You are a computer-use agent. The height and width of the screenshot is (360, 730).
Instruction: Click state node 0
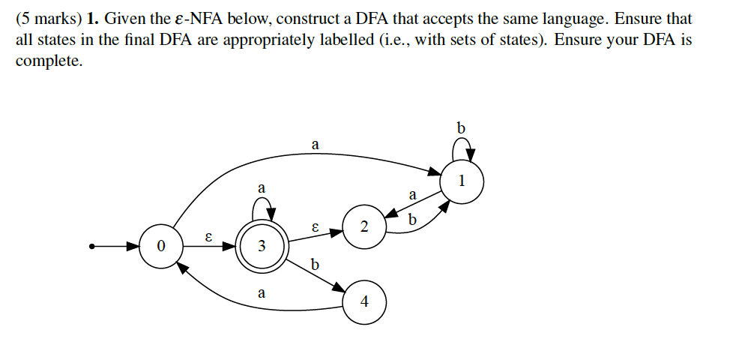[x=159, y=246]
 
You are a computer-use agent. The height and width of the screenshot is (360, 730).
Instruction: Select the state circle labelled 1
[x=462, y=181]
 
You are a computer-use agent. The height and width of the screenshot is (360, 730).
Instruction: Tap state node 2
[x=364, y=226]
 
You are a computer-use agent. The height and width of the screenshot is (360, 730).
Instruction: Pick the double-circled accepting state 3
[x=261, y=246]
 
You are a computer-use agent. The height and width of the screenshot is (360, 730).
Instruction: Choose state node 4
[x=364, y=301]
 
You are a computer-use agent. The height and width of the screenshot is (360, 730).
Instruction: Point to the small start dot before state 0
[x=92, y=246]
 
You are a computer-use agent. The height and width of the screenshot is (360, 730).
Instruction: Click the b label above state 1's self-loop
[x=461, y=128]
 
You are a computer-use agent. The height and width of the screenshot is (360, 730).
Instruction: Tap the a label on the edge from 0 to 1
[x=315, y=143]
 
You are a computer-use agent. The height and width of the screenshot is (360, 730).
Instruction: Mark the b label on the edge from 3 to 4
[x=315, y=264]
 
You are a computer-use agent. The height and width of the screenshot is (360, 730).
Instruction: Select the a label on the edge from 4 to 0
[x=261, y=293]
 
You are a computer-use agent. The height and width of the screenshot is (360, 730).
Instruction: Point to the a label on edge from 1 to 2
[x=412, y=195]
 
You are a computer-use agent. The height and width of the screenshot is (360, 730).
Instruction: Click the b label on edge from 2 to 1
[x=411, y=220]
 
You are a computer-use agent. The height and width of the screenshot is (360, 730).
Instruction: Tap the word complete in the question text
[x=49, y=61]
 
